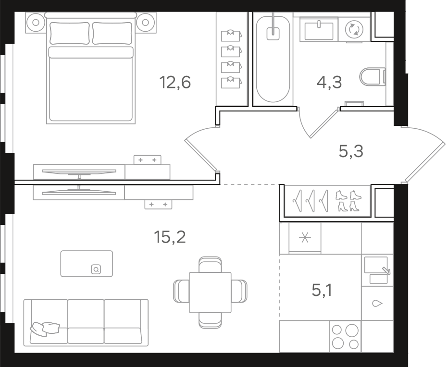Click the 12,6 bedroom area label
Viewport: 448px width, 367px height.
[175, 82]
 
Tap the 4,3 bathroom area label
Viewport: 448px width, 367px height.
[329, 82]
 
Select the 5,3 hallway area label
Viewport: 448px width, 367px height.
[351, 151]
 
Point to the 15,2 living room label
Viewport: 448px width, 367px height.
[170, 237]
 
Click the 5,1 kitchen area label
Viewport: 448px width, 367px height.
[322, 291]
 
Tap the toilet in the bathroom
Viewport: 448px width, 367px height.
[373, 76]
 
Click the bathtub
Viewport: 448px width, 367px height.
[273, 59]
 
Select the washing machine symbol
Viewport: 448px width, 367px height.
[354, 29]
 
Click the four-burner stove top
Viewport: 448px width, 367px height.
[345, 336]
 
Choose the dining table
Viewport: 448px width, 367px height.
[210, 292]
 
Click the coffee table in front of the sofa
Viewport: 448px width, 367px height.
[87, 264]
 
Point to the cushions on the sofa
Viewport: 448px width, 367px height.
[45, 329]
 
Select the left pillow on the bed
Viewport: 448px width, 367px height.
[69, 34]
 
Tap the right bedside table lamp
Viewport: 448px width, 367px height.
[145, 22]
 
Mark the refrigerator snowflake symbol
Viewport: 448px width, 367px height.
[305, 238]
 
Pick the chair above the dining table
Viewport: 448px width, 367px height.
[210, 265]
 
